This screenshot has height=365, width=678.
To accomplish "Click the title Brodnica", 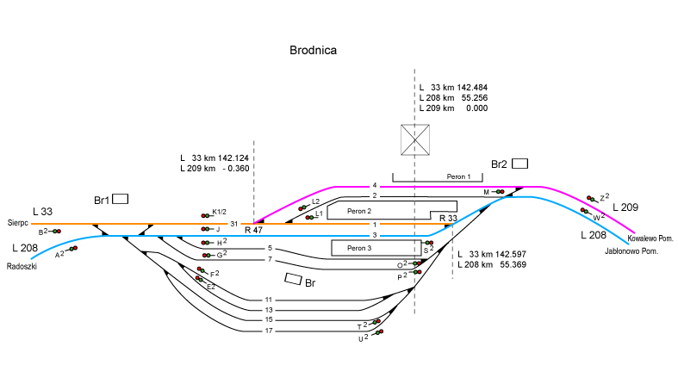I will pyautogui.click(x=313, y=51).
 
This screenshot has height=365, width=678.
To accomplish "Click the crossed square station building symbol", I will pyautogui.click(x=415, y=139).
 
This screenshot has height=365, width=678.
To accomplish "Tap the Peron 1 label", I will pyautogui.click(x=459, y=176).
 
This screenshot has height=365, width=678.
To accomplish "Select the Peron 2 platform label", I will pyautogui.click(x=359, y=211).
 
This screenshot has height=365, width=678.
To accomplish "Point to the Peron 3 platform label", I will pyautogui.click(x=359, y=248).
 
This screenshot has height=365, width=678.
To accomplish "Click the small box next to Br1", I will pyautogui.click(x=120, y=199).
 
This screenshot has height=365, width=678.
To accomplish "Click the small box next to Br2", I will pyautogui.click(x=519, y=164).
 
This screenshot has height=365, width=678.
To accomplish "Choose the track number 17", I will pyautogui.click(x=269, y=331).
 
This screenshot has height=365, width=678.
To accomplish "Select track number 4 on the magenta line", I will pyautogui.click(x=375, y=186).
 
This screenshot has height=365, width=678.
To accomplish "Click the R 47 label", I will pyautogui.click(x=253, y=231).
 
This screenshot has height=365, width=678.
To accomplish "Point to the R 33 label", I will pyautogui.click(x=448, y=219).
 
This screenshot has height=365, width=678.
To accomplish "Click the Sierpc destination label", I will pyautogui.click(x=19, y=221).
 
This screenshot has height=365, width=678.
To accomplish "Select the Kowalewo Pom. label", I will pyautogui.click(x=650, y=238).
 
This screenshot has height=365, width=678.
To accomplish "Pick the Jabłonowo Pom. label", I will pyautogui.click(x=632, y=251).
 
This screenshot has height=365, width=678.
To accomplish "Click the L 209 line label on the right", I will pyautogui.click(x=626, y=207).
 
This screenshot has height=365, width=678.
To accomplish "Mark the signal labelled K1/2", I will pyautogui.click(x=219, y=212).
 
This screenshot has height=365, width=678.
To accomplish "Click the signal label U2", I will pyautogui.click(x=363, y=338).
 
